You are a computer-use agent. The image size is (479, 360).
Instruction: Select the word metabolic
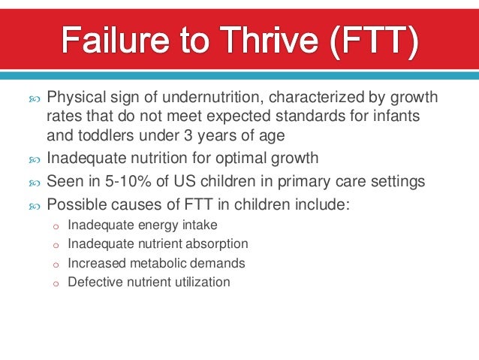154,264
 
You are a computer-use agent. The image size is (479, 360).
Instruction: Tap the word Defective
93,283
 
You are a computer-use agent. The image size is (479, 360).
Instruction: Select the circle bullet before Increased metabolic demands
55,265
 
